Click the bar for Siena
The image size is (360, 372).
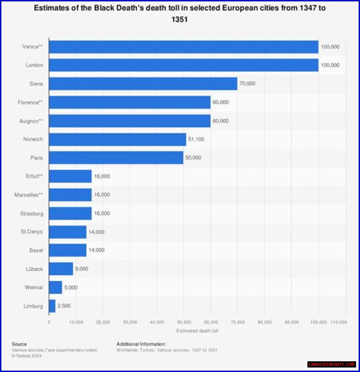click(143, 84)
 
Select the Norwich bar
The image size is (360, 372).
click(117, 139)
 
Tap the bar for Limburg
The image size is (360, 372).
click(52, 306)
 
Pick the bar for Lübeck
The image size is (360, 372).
click(61, 269)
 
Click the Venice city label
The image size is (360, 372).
click(32, 47)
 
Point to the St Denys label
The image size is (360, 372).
click(31, 232)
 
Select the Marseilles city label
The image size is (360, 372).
click(28, 195)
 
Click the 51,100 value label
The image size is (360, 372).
click(196, 139)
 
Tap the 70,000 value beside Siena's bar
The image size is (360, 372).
click(247, 84)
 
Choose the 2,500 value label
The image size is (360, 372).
click(64, 306)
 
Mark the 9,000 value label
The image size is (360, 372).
click(82, 269)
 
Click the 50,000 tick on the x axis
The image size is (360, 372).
click(184, 322)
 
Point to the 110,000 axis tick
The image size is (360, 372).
click(339, 322)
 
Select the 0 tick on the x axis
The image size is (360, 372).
click(49, 322)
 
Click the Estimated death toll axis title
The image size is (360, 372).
click(197, 331)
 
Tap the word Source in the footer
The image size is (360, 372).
click(19, 344)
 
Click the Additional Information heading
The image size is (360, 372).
click(141, 344)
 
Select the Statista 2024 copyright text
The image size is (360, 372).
click(27, 356)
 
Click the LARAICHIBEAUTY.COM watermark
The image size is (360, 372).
click(331, 364)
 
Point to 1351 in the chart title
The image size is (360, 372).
click(179, 19)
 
